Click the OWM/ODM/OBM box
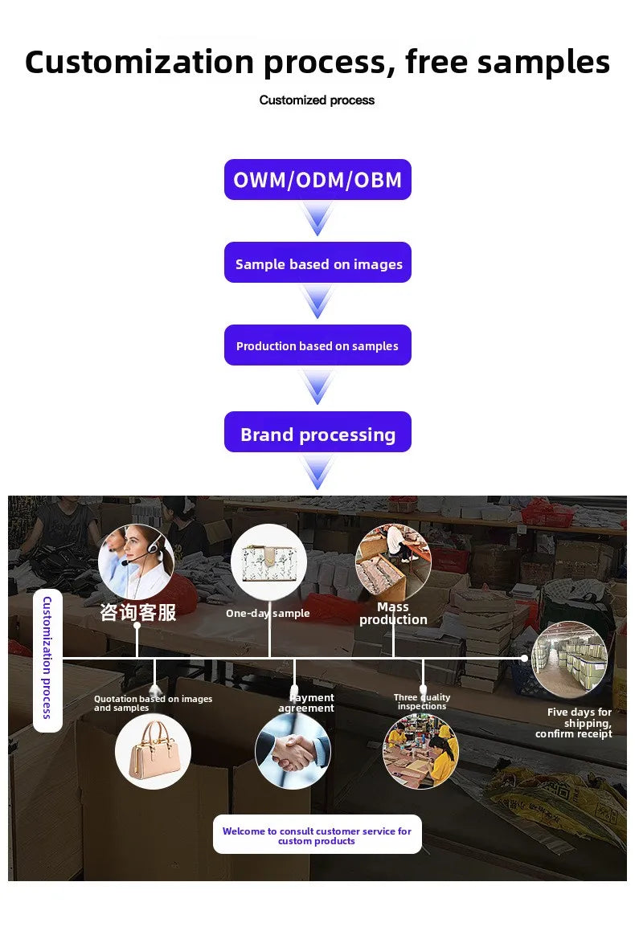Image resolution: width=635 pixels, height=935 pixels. point(317,179)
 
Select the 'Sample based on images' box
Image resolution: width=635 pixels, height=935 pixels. point(317,263)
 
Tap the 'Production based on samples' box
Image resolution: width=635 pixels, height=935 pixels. point(317,345)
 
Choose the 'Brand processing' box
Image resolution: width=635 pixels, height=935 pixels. point(317,431)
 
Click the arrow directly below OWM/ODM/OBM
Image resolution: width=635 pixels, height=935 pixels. point(317,218)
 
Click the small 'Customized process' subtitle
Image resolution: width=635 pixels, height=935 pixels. point(317,100)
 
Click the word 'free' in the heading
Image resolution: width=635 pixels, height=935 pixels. point(436,61)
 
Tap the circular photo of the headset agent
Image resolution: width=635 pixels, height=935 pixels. point(136,562)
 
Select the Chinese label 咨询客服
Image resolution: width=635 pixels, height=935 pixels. point(138,612)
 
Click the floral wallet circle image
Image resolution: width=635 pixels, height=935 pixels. point(269,561)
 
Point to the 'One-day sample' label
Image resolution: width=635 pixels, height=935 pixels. point(268,613)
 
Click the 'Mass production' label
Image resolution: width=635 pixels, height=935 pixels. point(393,613)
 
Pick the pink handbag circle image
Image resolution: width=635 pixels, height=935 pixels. point(154,751)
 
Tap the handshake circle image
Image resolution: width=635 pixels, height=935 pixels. point(293,751)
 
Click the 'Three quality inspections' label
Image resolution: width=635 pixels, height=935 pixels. point(422,701)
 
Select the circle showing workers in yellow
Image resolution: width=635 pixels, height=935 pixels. point(420,751)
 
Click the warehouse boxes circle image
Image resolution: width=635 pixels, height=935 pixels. point(569,659)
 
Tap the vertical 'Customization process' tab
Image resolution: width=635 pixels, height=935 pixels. point(47,661)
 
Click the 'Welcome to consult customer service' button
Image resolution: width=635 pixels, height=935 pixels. point(317,835)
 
